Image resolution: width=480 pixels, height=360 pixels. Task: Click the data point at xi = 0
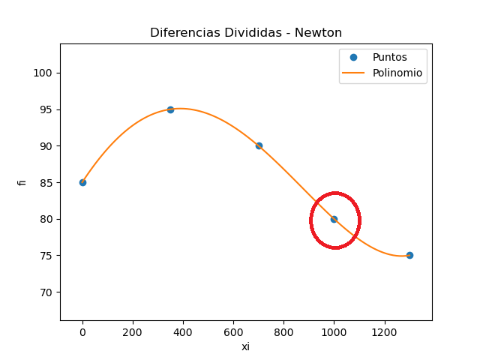pyautogui.click(x=82, y=182)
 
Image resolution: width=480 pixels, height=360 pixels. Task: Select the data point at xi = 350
pyautogui.click(x=170, y=109)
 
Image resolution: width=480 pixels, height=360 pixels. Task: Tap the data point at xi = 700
pyautogui.click(x=259, y=145)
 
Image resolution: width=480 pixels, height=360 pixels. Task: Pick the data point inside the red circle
pyautogui.click(x=334, y=219)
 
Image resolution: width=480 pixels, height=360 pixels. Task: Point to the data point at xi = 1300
pyautogui.click(x=409, y=255)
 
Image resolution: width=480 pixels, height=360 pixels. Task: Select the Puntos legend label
pyautogui.click(x=389, y=58)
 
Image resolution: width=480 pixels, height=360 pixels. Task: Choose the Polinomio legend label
pyautogui.click(x=397, y=73)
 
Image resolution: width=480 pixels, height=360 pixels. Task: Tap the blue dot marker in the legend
pyautogui.click(x=355, y=58)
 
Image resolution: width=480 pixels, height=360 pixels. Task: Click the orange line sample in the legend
pyautogui.click(x=355, y=73)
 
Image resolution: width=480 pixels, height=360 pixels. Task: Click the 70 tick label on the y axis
pyautogui.click(x=47, y=292)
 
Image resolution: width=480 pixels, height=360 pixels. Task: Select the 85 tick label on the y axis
pyautogui.click(x=47, y=182)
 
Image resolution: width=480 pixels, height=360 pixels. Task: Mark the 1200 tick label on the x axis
pyautogui.click(x=384, y=331)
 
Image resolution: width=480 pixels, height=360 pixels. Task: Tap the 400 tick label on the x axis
pyautogui.click(x=183, y=331)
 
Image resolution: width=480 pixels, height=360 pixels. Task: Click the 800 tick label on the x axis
pyautogui.click(x=283, y=331)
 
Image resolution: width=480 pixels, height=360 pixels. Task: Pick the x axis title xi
pyautogui.click(x=245, y=346)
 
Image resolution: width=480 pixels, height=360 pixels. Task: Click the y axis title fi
pyautogui.click(x=22, y=181)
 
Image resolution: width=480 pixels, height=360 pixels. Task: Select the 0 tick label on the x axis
pyautogui.click(x=82, y=331)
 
